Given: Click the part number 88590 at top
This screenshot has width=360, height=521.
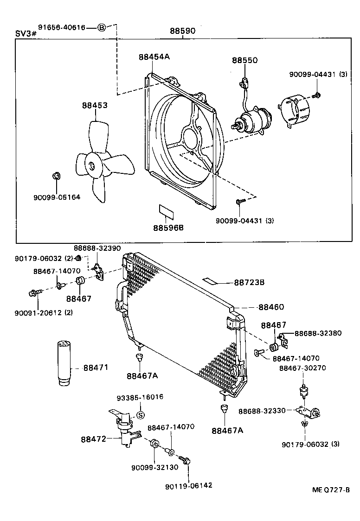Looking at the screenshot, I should point(182,31).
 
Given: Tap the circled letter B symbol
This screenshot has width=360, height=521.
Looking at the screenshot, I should point(102,27).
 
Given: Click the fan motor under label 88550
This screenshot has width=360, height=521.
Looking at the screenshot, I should point(252,121).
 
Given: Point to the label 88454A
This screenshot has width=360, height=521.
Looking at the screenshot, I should point(154,57).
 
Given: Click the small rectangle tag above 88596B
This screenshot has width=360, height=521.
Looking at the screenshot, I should point(167,210).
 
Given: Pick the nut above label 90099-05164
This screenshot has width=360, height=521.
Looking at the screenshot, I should point(55,176).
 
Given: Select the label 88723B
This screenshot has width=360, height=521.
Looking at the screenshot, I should point(249,282).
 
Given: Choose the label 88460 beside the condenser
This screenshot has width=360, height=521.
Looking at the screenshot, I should point(271,307).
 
